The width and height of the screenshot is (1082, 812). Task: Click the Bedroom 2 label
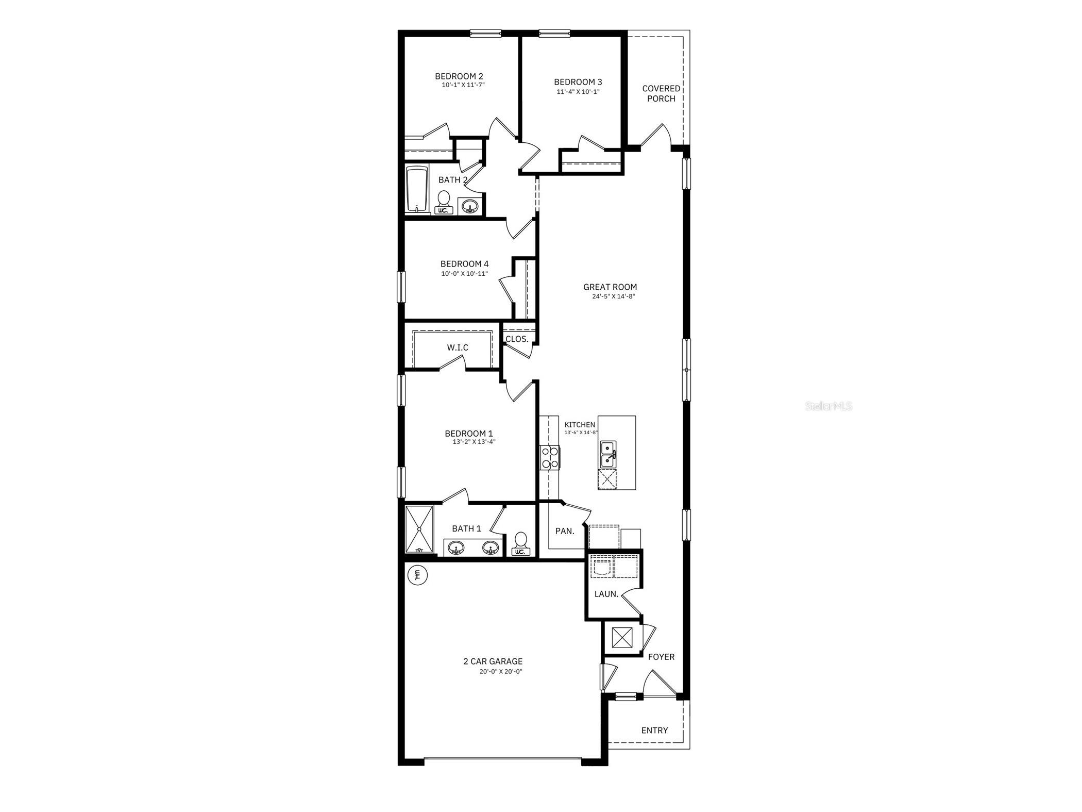pyautogui.click(x=459, y=76)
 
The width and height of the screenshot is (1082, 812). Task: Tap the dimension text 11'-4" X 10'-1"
pyautogui.click(x=578, y=92)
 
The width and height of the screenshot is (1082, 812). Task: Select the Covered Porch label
pyautogui.click(x=661, y=93)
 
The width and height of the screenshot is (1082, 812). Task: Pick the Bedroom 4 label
pyautogui.click(x=464, y=264)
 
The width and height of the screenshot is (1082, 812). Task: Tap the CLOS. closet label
pyautogui.click(x=517, y=339)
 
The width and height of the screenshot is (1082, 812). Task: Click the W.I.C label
pyautogui.click(x=458, y=347)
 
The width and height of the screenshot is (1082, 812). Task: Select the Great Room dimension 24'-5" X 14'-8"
pyautogui.click(x=610, y=296)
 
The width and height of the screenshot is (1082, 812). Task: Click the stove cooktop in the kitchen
pyautogui.click(x=550, y=457)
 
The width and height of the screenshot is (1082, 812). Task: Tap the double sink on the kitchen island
pyautogui.click(x=608, y=454)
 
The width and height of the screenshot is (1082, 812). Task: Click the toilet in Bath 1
pyautogui.click(x=520, y=543)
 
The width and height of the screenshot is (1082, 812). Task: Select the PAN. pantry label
pyautogui.click(x=565, y=531)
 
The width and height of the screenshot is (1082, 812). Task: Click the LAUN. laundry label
pyautogui.click(x=606, y=594)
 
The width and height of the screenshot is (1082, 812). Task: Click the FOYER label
pyautogui.click(x=661, y=657)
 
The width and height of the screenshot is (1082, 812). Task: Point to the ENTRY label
pyautogui.click(x=654, y=731)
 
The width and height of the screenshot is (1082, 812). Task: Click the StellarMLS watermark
pyautogui.click(x=829, y=406)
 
